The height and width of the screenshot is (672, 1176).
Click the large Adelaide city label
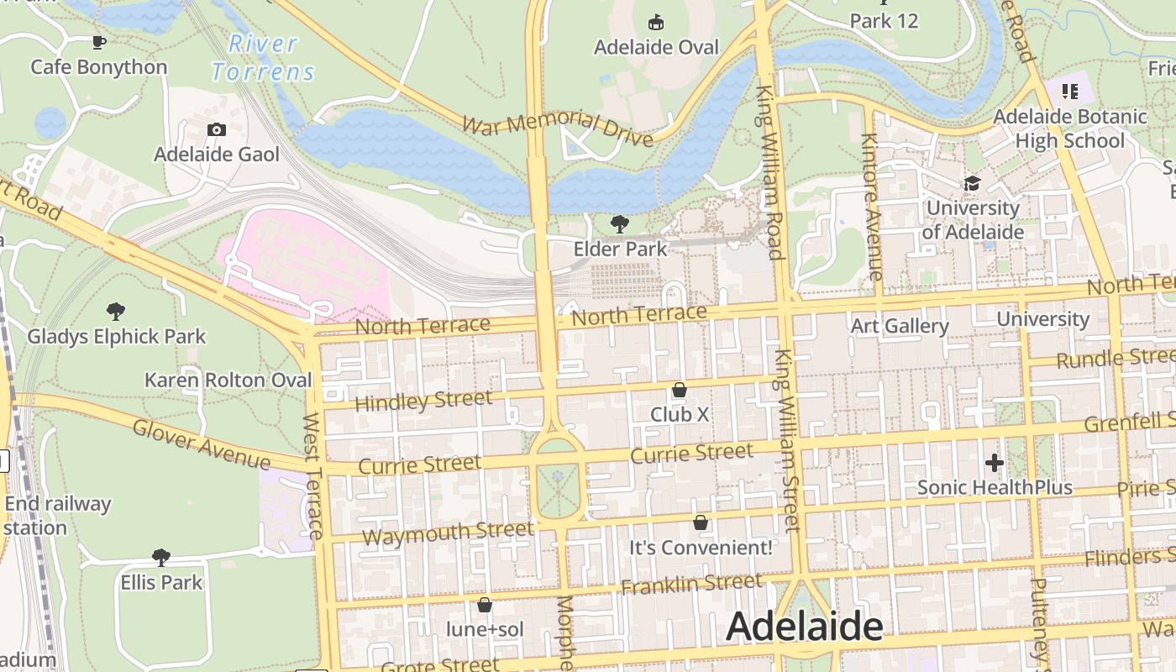pyautogui.click(x=804, y=627)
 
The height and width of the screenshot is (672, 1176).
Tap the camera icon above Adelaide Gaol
pyautogui.click(x=216, y=129)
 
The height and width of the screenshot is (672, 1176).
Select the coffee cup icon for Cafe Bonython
pyautogui.click(x=99, y=42)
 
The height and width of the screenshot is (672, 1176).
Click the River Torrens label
pyautogui.click(x=263, y=58)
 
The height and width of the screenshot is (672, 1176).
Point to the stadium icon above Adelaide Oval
pyautogui.click(x=656, y=22)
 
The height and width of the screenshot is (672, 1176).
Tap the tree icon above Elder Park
pyautogui.click(x=620, y=223)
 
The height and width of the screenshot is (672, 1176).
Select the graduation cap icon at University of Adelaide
pyautogui.click(x=972, y=183)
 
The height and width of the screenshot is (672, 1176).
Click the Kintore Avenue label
pyautogui.click(x=870, y=206)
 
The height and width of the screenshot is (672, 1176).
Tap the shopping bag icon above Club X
pyautogui.click(x=680, y=390)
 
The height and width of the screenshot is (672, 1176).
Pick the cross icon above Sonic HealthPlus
pyautogui.click(x=994, y=462)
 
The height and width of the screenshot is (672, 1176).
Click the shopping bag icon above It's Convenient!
pyautogui.click(x=701, y=522)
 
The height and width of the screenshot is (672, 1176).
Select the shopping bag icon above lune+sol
pyautogui.click(x=485, y=604)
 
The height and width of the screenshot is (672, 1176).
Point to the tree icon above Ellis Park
pyautogui.click(x=161, y=557)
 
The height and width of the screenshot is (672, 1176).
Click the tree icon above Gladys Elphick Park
pyautogui.click(x=116, y=312)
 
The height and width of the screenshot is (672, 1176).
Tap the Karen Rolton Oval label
pyautogui.click(x=228, y=380)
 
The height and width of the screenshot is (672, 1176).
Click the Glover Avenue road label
pyautogui.click(x=202, y=445)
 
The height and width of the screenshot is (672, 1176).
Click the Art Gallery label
pyautogui.click(x=900, y=326)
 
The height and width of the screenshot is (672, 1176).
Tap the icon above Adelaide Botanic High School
pyautogui.click(x=1069, y=91)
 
